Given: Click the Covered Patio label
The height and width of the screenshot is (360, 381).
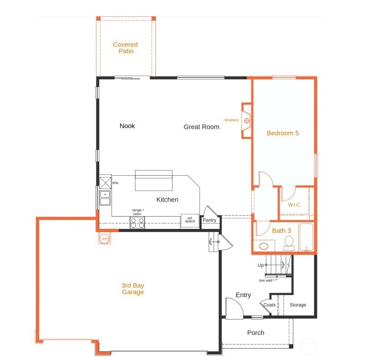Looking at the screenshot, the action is pyautogui.click(x=125, y=48).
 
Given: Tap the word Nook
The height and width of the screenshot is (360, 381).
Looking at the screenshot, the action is pyautogui.click(x=127, y=126).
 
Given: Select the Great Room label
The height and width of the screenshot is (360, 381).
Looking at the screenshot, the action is pyautogui.click(x=201, y=127).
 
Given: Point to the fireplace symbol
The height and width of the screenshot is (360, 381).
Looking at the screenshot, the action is pyautogui.click(x=246, y=121).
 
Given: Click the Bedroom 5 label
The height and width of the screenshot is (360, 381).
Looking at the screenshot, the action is pyautogui.click(x=283, y=133).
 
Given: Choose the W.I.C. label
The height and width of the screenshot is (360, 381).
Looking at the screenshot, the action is pyautogui.click(x=294, y=205).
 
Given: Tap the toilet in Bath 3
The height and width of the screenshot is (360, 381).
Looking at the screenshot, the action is pyautogui.click(x=289, y=243).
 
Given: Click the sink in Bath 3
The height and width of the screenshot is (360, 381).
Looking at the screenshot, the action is pyautogui.click(x=264, y=246).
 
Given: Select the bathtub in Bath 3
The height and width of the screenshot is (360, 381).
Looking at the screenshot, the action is pyautogui.click(x=306, y=237).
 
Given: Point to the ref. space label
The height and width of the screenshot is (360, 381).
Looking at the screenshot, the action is pyautogui.click(x=190, y=220).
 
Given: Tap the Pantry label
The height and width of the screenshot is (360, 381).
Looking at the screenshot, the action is pyautogui.click(x=210, y=220).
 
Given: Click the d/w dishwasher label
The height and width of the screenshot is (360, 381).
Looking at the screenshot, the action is pyautogui.click(x=115, y=183).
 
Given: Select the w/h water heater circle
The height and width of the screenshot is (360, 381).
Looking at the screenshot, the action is pyautogui.click(x=105, y=238).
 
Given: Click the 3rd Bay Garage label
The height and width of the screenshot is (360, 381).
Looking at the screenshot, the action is pyautogui.click(x=133, y=289).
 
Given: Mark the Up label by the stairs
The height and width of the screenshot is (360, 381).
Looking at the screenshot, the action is pyautogui.click(x=261, y=265).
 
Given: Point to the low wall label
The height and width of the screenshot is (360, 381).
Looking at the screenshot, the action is pyautogui.click(x=266, y=280).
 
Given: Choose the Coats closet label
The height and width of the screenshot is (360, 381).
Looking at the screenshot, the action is pyautogui.click(x=270, y=305).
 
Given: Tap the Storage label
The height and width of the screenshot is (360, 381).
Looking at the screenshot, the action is pyautogui.click(x=298, y=305).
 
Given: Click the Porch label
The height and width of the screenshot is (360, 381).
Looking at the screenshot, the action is pyautogui.click(x=256, y=333).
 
